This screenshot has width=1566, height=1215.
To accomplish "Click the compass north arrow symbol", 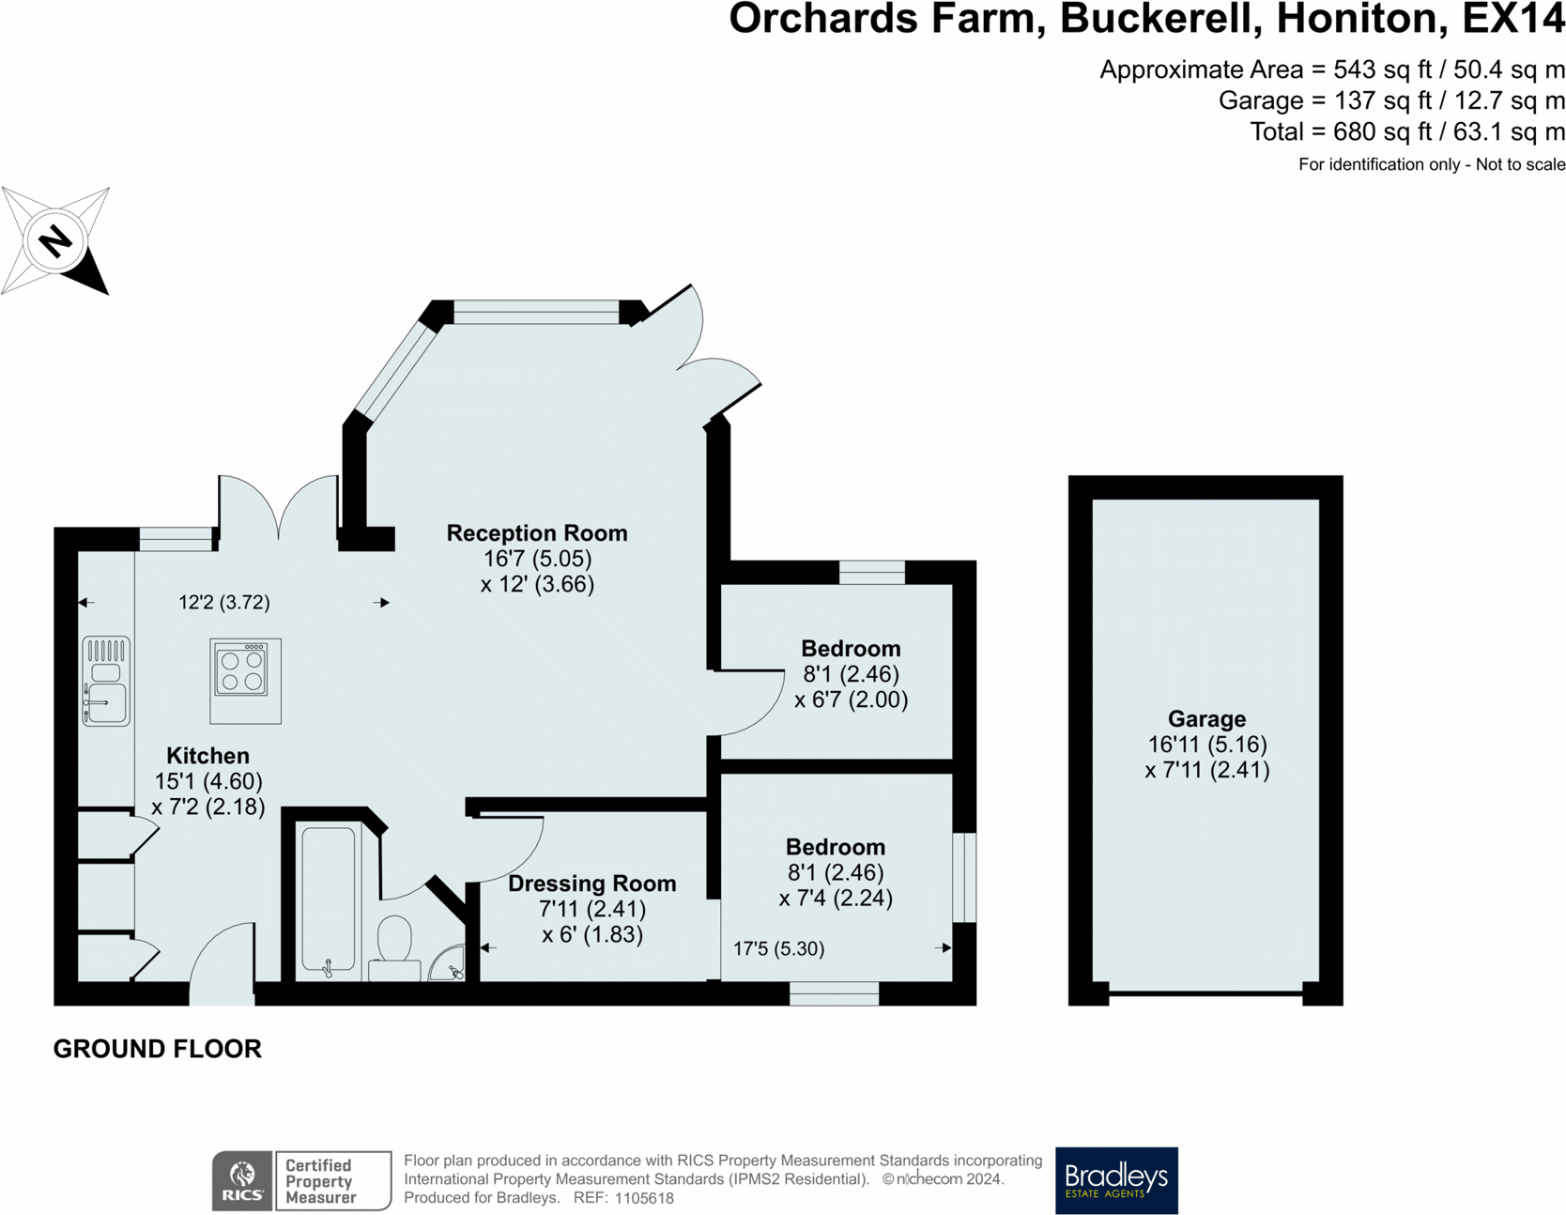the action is [55, 241].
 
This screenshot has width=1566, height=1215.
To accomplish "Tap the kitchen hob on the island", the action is [241, 669].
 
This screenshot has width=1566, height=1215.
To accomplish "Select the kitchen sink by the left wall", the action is [106, 681].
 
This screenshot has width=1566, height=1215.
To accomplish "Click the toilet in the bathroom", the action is [395, 946].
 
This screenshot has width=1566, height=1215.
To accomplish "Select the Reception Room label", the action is [537, 533].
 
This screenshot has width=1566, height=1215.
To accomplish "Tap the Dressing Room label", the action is [592, 884].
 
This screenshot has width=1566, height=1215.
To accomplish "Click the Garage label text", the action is [1207, 719].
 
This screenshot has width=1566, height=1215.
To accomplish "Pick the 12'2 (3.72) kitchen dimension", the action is [224, 603].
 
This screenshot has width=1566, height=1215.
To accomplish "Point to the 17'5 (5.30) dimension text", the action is [779, 949].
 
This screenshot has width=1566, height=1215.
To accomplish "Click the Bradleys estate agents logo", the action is [1116, 1180].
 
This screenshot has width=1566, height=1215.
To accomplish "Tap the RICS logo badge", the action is [242, 1181].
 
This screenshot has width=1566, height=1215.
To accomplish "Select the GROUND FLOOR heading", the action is [158, 1049].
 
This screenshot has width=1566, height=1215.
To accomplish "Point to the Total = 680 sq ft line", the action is [1407, 131].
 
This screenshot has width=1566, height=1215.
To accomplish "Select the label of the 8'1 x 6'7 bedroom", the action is [851, 649].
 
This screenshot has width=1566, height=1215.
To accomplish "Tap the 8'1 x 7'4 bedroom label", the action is [836, 847].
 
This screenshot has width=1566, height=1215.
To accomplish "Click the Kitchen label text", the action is [207, 756].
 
